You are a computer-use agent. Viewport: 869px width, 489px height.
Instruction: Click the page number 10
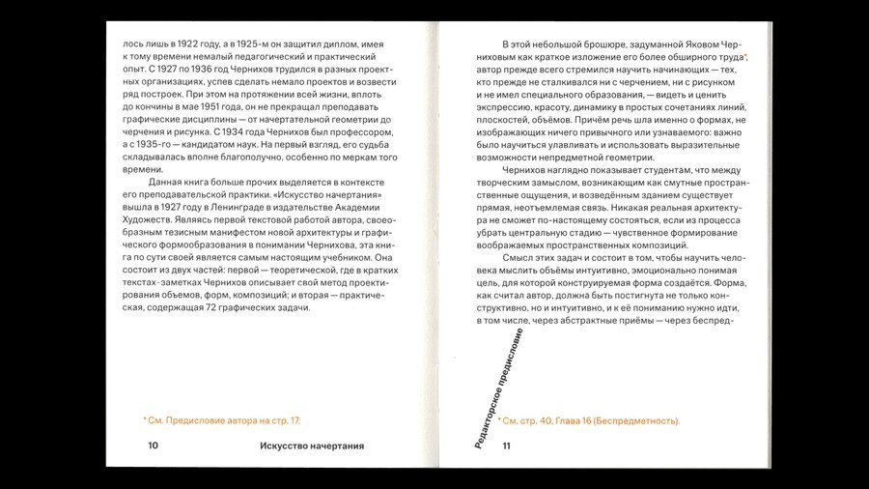point(153,446)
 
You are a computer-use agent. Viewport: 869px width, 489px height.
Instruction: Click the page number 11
point(506,446)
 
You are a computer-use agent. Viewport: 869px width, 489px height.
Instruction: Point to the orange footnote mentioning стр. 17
point(222,420)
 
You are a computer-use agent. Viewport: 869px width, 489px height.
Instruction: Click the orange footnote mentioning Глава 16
point(589,420)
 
